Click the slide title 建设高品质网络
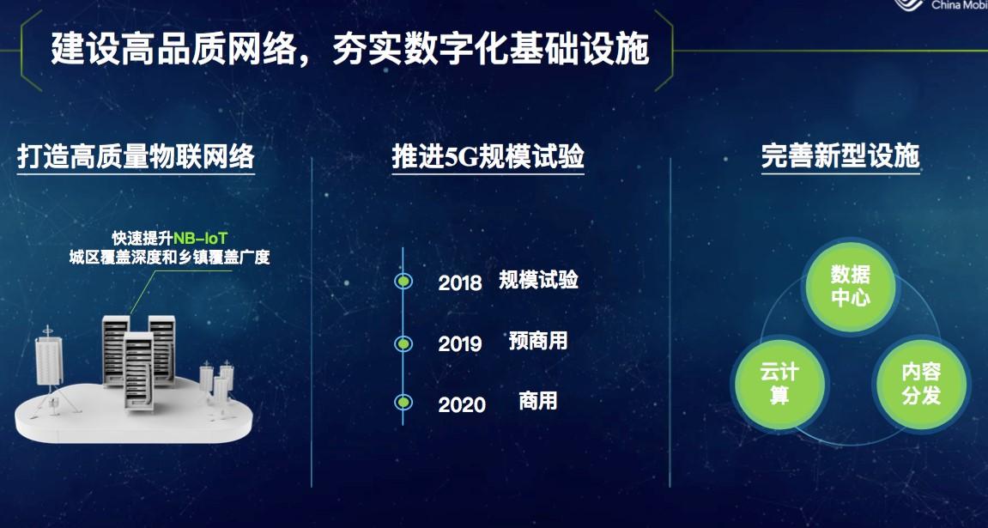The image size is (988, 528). click(173, 50)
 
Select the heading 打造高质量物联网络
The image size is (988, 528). click(136, 156)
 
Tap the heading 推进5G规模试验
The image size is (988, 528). click(488, 156)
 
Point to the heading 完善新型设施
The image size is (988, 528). click(840, 156)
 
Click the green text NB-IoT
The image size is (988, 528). click(200, 239)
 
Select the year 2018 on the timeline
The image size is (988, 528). click(460, 283)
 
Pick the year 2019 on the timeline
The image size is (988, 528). click(460, 344)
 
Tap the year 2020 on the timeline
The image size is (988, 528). click(462, 404)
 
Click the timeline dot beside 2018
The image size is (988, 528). click(403, 281)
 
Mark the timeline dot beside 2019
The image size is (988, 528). click(403, 343)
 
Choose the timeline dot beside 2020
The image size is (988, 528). click(403, 402)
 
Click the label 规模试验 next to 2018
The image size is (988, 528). click(539, 279)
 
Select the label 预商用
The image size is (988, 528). click(538, 341)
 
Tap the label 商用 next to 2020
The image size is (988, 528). click(538, 401)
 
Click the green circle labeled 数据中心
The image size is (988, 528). click(851, 287)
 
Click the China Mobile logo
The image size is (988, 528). click(940, 5)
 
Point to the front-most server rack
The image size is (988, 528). click(138, 371)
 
